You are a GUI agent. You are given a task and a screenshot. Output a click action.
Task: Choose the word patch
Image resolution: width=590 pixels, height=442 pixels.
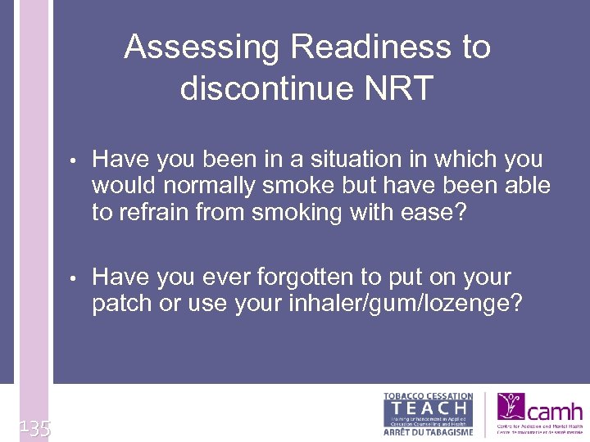pyautogui.click(x=124, y=303)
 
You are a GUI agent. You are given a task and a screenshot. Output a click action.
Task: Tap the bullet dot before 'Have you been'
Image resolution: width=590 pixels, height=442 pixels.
pyautogui.click(x=74, y=160)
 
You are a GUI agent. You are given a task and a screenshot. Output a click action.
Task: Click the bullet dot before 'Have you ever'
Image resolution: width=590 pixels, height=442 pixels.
pyautogui.click(x=74, y=278)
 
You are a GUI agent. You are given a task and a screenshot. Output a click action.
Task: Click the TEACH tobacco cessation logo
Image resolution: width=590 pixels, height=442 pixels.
pyautogui.click(x=428, y=413)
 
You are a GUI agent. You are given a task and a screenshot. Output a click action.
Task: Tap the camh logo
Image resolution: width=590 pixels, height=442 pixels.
pyautogui.click(x=539, y=413)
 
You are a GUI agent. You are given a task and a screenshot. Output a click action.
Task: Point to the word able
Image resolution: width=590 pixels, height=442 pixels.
pyautogui.click(x=526, y=186)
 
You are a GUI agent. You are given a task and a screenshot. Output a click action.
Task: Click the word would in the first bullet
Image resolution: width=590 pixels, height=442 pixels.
pyautogui.click(x=121, y=186)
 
